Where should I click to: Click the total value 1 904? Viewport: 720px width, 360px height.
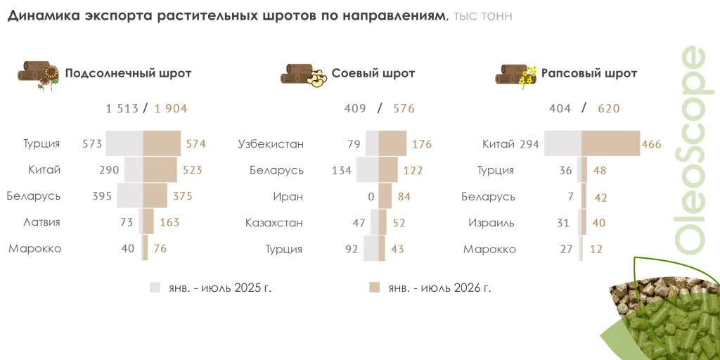[171, 109]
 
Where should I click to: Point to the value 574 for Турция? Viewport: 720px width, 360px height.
[195, 143]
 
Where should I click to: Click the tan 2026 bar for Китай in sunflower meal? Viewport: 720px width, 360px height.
[160, 169]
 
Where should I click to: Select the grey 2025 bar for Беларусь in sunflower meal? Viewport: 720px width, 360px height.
[130, 195]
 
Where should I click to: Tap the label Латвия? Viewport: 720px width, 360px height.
[41, 222]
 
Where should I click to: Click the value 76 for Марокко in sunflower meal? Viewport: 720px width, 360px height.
[160, 248]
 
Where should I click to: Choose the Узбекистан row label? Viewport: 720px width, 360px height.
[271, 144]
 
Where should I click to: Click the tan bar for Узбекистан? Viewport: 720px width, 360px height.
[392, 143]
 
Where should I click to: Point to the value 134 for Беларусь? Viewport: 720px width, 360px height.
[342, 170]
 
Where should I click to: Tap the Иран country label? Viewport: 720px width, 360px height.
[288, 197]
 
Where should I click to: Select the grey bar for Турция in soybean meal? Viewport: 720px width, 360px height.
[371, 248]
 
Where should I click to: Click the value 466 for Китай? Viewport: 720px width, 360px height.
[652, 144]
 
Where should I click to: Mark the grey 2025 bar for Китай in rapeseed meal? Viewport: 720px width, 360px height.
[563, 143]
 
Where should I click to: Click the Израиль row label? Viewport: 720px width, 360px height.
[491, 223]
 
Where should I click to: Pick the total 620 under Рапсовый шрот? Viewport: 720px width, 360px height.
[609, 109]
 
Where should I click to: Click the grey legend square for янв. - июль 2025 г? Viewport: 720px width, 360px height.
[155, 288]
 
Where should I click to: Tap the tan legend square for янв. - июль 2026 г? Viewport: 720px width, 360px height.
[374, 288]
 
